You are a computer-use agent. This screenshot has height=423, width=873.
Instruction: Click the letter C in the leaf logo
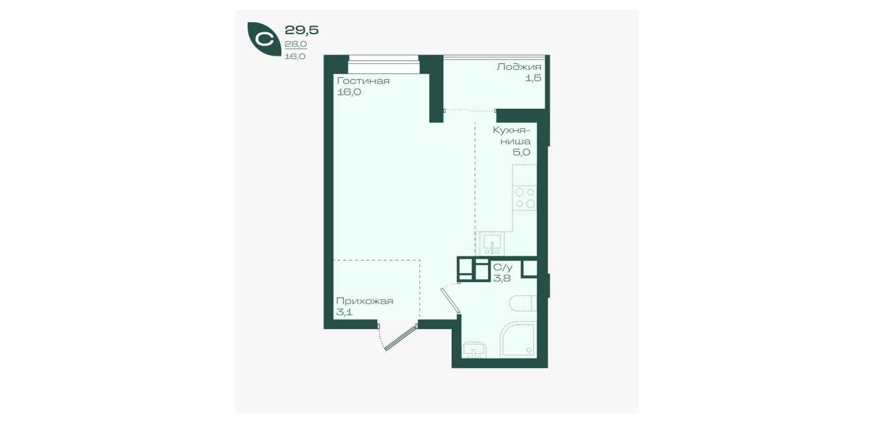[x=265, y=39]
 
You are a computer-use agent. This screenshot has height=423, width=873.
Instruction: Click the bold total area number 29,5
[x=302, y=30]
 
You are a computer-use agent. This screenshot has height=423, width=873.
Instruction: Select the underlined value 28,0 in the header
[x=296, y=44]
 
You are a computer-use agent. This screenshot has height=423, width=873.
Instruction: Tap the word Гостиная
[x=363, y=81]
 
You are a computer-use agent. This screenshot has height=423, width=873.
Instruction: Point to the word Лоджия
[x=519, y=67]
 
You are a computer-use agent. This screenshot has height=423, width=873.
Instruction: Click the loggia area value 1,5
[x=533, y=78]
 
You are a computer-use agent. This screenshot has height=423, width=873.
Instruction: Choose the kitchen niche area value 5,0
[x=521, y=152]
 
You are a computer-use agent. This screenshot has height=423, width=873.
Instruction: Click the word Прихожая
[x=364, y=301]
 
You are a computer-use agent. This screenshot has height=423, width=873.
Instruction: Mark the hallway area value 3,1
[x=344, y=312]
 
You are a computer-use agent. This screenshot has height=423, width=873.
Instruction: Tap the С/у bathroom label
[x=503, y=267]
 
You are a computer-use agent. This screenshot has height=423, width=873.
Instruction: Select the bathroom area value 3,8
[x=502, y=279]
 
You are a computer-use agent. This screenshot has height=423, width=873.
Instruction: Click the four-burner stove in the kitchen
[x=525, y=197]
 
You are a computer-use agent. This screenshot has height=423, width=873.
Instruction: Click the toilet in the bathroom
[x=523, y=303]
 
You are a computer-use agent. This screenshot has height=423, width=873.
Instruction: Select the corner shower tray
[x=518, y=339]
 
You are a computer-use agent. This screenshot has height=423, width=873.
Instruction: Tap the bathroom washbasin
[x=474, y=350]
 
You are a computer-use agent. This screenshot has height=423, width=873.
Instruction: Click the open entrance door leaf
[x=401, y=338]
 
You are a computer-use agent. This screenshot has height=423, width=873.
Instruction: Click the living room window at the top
[x=384, y=64]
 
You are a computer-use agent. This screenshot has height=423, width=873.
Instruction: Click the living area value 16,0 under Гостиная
[x=349, y=93]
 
